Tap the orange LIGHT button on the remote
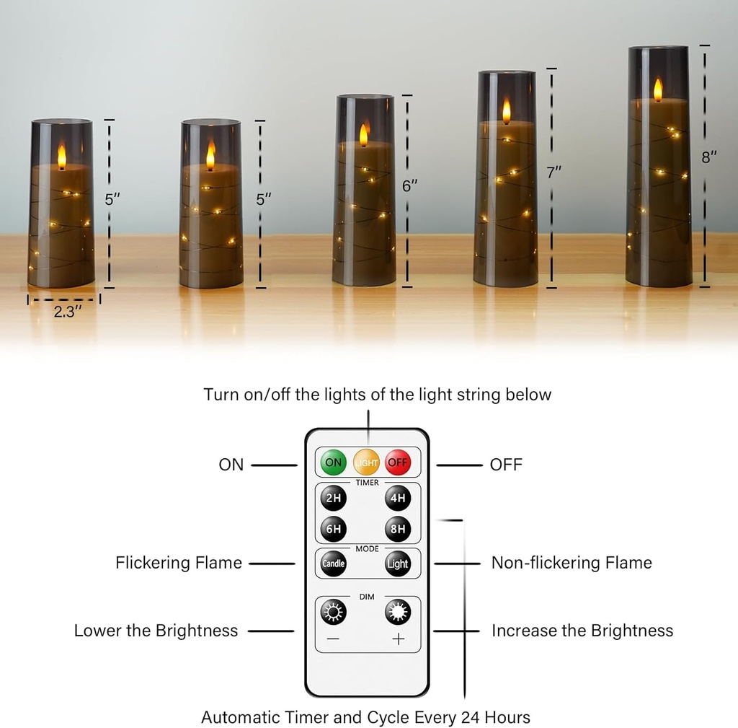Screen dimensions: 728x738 [366, 462]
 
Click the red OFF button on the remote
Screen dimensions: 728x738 [397, 462]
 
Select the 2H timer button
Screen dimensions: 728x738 [334, 499]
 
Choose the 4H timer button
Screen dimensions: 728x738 [397, 499]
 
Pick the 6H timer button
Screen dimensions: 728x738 [334, 529]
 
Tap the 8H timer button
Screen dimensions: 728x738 [397, 529]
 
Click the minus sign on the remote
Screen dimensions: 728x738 [334, 639]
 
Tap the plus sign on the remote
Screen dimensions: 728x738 [398, 639]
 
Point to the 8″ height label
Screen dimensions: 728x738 [709, 157]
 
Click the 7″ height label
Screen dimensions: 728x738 [553, 172]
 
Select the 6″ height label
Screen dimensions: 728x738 [409, 185]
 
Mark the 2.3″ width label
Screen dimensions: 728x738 [63, 312]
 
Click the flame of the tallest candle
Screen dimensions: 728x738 [657, 89]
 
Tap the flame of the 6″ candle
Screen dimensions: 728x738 [363, 135]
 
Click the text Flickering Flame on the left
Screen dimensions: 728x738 [178, 563]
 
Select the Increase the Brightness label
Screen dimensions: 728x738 [582, 631]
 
